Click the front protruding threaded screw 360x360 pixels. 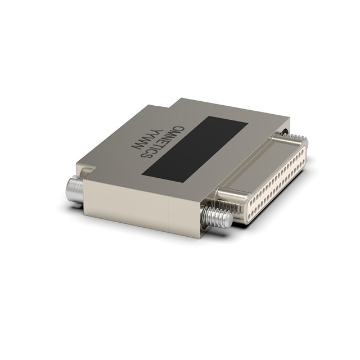click(x=216, y=215)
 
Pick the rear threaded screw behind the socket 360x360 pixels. click(x=299, y=138)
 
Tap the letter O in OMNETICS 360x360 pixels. click(x=179, y=130)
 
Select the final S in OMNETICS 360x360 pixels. click(x=146, y=154)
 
